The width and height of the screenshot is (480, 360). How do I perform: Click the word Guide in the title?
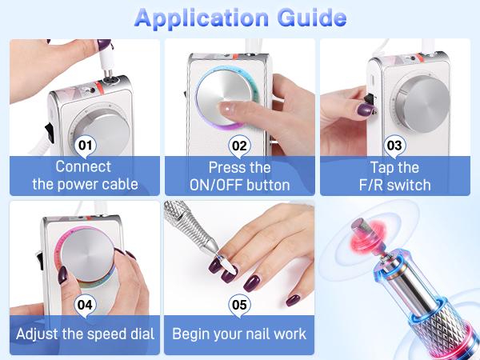(308, 18)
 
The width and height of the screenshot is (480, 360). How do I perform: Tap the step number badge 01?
(85, 146)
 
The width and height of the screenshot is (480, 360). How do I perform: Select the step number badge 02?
(238, 146)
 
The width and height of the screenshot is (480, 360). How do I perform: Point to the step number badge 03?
(394, 146)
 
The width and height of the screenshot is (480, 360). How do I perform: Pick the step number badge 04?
(85, 305)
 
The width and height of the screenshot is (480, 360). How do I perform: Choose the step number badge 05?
(238, 305)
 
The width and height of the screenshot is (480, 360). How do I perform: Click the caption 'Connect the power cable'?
(85, 176)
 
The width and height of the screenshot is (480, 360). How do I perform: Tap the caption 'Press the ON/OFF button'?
(238, 176)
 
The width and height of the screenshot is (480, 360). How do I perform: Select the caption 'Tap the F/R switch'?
(394, 176)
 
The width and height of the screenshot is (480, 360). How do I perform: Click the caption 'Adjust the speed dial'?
(85, 334)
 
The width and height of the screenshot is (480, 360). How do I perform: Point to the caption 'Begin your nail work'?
(238, 334)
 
